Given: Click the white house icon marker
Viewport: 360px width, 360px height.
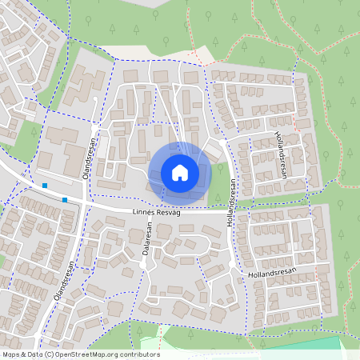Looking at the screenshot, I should click(x=179, y=172).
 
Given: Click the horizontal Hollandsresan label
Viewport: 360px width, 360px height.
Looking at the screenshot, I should click(x=272, y=272).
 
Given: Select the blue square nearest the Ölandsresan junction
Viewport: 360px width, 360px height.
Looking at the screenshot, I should click(x=65, y=199).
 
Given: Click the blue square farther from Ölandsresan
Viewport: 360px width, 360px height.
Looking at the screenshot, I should click(x=45, y=186).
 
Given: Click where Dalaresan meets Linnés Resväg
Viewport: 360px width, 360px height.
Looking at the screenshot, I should click(x=145, y=213).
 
